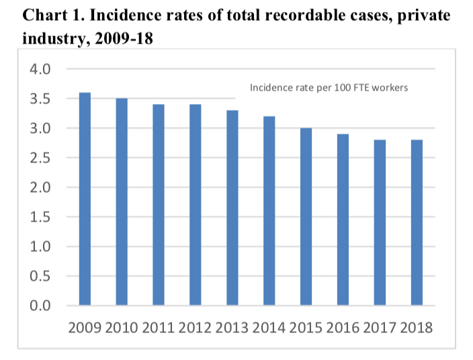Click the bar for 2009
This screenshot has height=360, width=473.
(85, 199)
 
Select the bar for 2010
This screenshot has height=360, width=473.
(122, 202)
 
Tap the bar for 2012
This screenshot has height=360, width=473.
(195, 205)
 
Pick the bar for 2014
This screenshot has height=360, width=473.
(268, 211)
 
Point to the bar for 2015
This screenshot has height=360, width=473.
(305, 217)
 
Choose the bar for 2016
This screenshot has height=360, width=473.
(342, 220)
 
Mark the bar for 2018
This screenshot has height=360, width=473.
(415, 223)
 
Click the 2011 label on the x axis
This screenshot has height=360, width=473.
(158, 328)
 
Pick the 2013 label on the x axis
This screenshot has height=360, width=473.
(232, 328)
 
